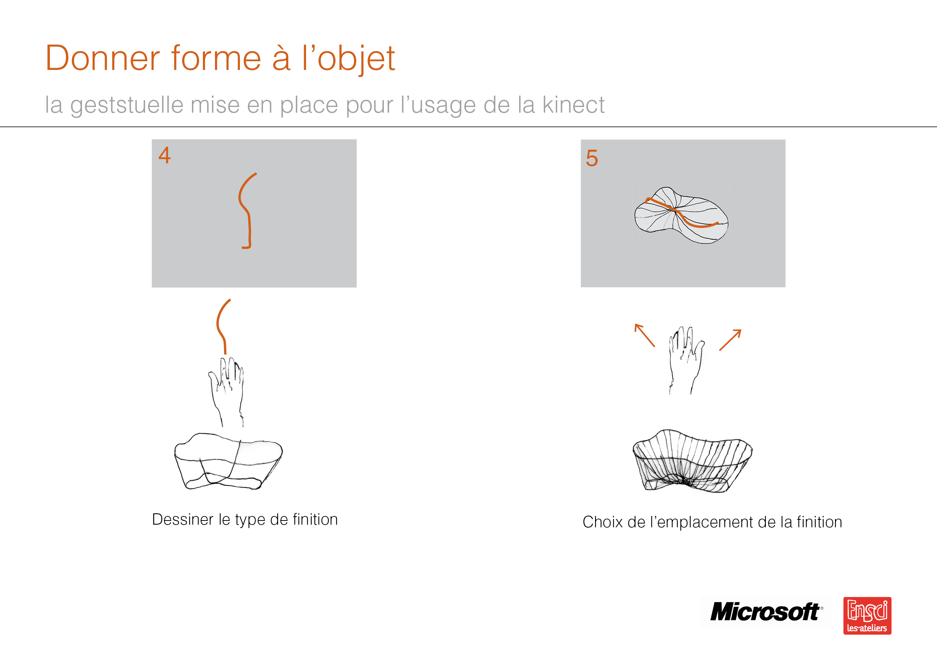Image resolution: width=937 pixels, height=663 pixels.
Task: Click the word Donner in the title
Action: [x=103, y=58]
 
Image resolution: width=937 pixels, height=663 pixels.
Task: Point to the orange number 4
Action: [x=164, y=155]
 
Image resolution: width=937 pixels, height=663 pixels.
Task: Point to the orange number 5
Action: [x=592, y=158]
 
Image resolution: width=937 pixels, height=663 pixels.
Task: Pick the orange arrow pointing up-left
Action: [x=645, y=335]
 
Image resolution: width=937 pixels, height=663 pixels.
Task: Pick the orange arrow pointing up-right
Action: [x=730, y=340]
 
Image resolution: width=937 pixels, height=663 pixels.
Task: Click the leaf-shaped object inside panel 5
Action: [x=681, y=215]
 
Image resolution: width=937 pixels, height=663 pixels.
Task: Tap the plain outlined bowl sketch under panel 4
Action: [x=228, y=461]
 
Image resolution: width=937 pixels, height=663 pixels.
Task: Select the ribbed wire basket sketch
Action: [x=693, y=461]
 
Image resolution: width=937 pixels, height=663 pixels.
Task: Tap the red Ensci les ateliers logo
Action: [x=867, y=616]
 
